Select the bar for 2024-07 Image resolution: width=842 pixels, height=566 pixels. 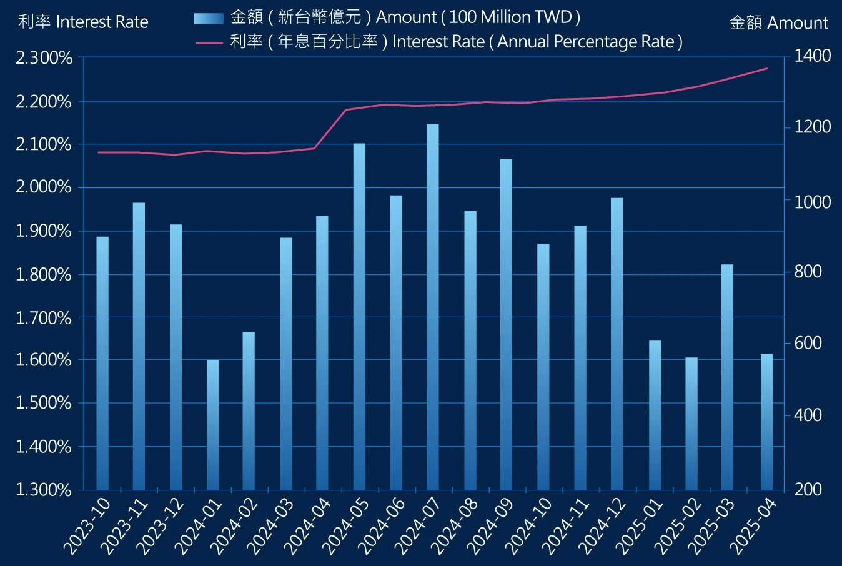(433, 306)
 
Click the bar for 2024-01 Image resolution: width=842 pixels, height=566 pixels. (213, 425)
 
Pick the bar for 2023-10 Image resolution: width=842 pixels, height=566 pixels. (102, 363)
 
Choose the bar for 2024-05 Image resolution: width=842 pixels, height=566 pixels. (359, 316)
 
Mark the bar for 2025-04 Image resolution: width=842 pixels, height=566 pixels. (766, 422)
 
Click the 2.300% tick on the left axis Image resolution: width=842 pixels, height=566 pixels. (44, 58)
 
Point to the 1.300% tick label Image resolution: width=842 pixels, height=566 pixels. (44, 489)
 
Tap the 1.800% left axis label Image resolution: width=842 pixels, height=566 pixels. (44, 274)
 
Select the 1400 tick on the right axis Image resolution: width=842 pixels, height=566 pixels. (812, 56)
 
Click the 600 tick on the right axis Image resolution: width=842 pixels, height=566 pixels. (808, 343)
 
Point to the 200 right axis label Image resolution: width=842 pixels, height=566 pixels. (808, 489)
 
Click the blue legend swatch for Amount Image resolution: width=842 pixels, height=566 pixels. (209, 18)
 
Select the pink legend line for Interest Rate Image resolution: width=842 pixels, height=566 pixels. (209, 42)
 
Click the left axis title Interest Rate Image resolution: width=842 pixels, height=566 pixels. (83, 22)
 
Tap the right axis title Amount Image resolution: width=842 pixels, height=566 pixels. (778, 23)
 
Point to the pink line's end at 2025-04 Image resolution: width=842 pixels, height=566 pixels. (767, 69)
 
